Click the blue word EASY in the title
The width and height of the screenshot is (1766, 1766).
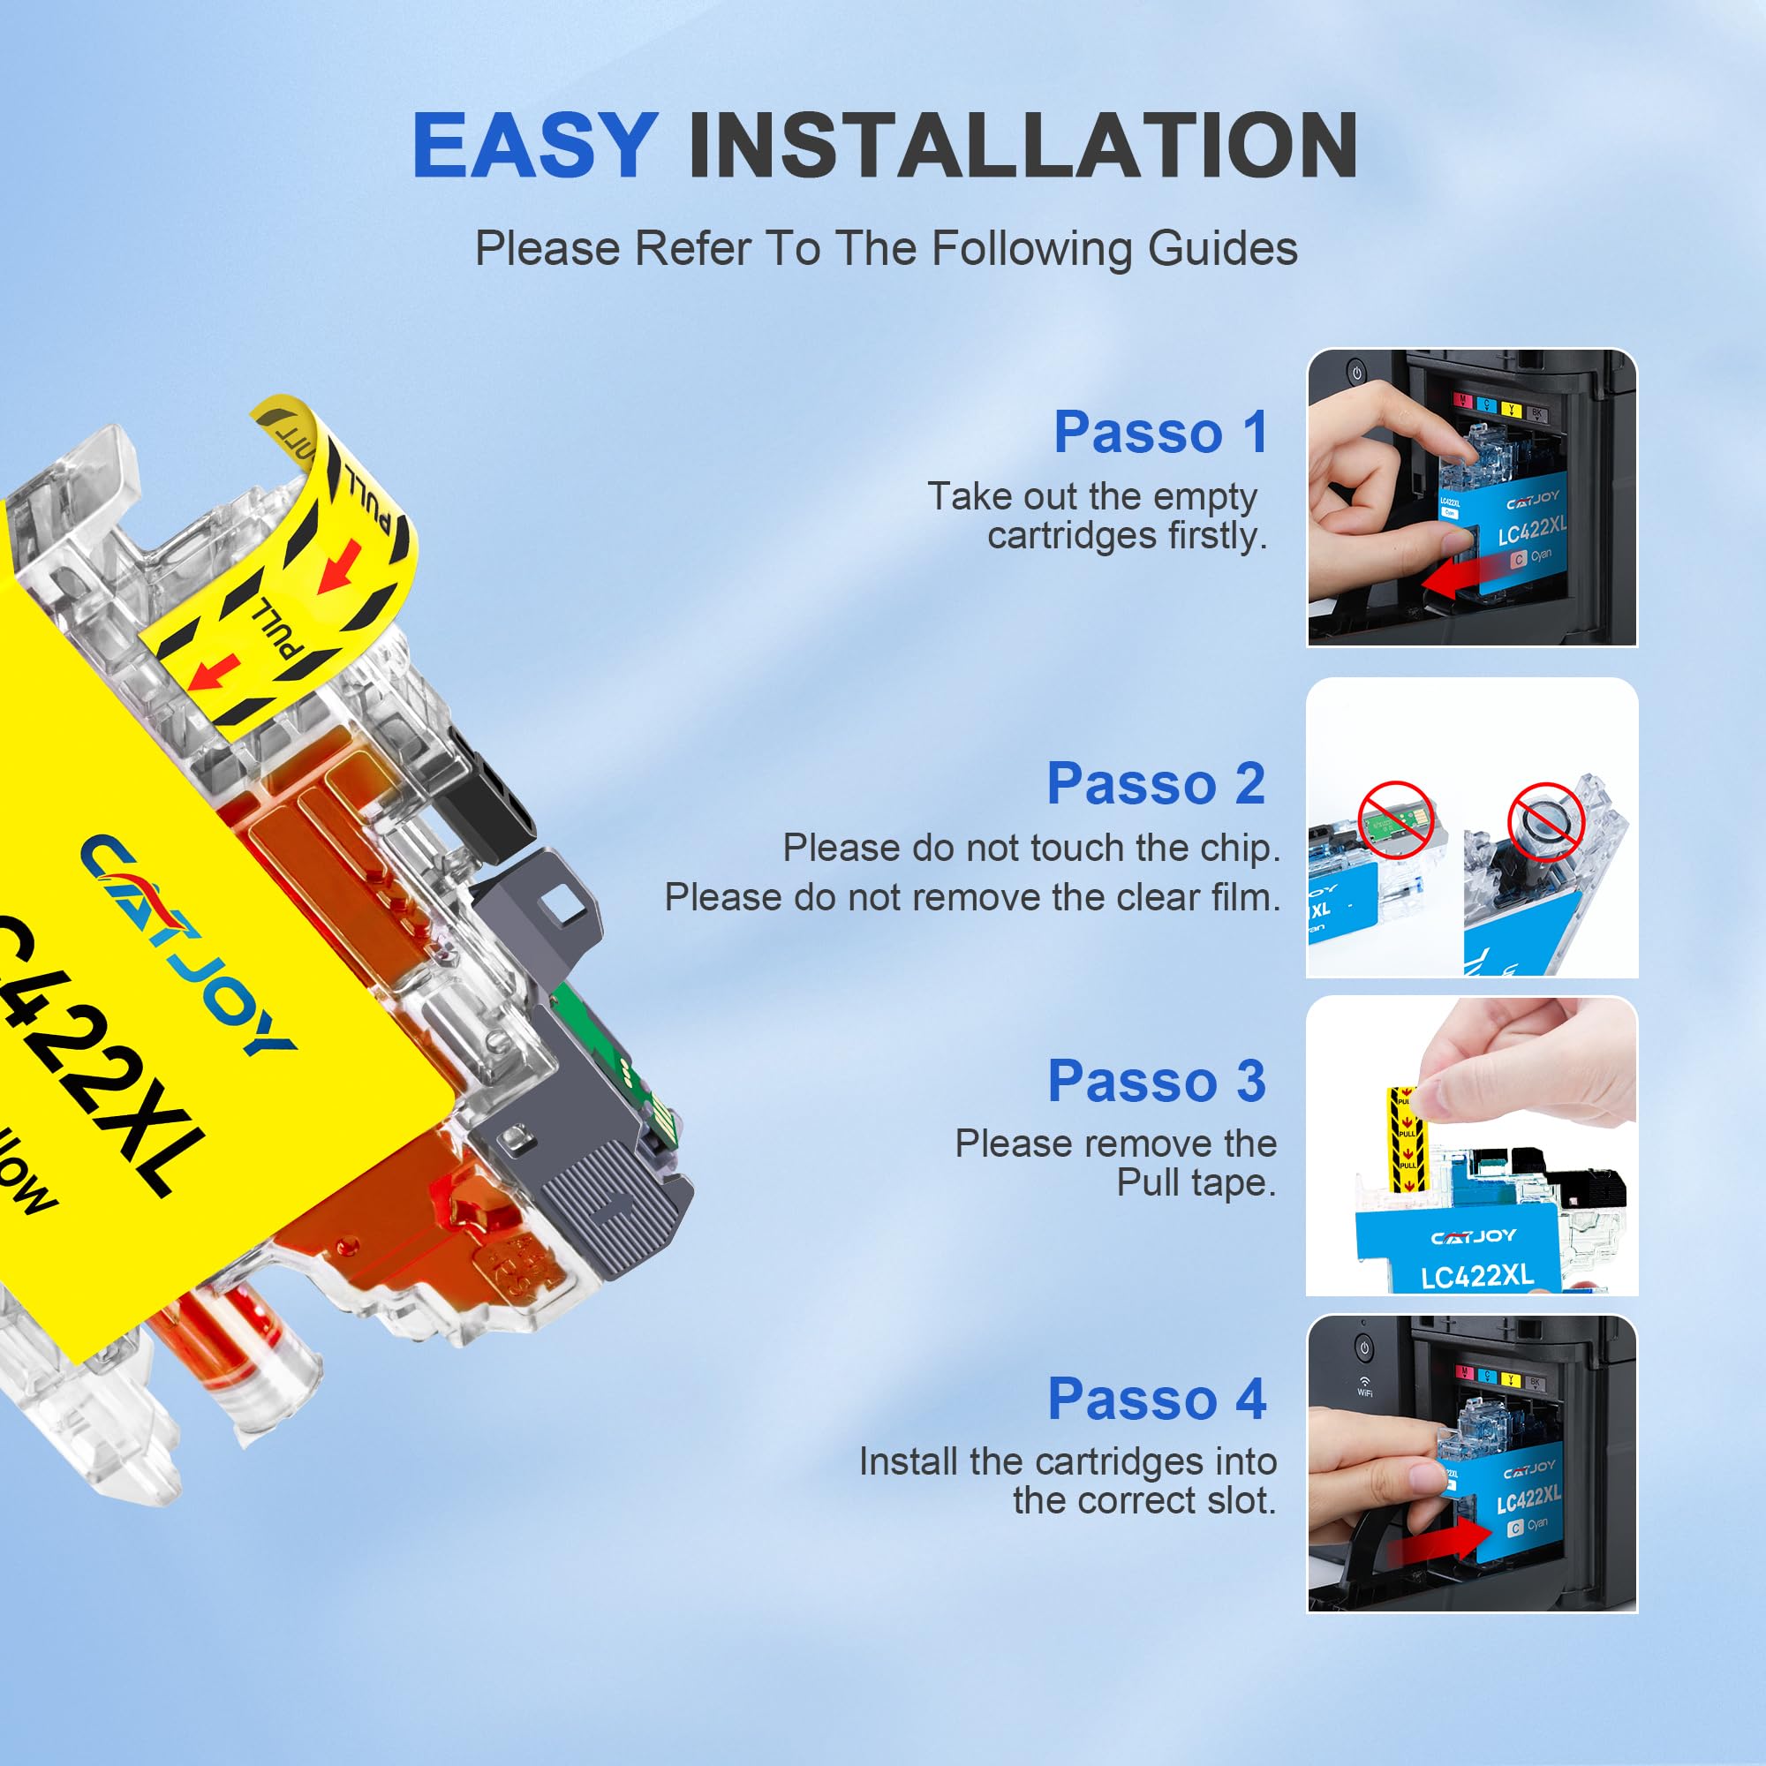(535, 147)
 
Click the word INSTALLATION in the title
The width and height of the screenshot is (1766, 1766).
(1022, 147)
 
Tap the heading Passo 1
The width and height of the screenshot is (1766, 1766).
(1160, 433)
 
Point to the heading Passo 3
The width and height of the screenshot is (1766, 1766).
(1157, 1082)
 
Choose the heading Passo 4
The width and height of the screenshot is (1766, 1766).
(1157, 1400)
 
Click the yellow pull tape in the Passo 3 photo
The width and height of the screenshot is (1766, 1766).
(1405, 1139)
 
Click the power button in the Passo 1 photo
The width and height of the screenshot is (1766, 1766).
(1355, 373)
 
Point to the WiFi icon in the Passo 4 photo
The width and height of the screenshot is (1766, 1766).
(1364, 1385)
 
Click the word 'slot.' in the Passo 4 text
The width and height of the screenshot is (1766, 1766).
(1240, 1500)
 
